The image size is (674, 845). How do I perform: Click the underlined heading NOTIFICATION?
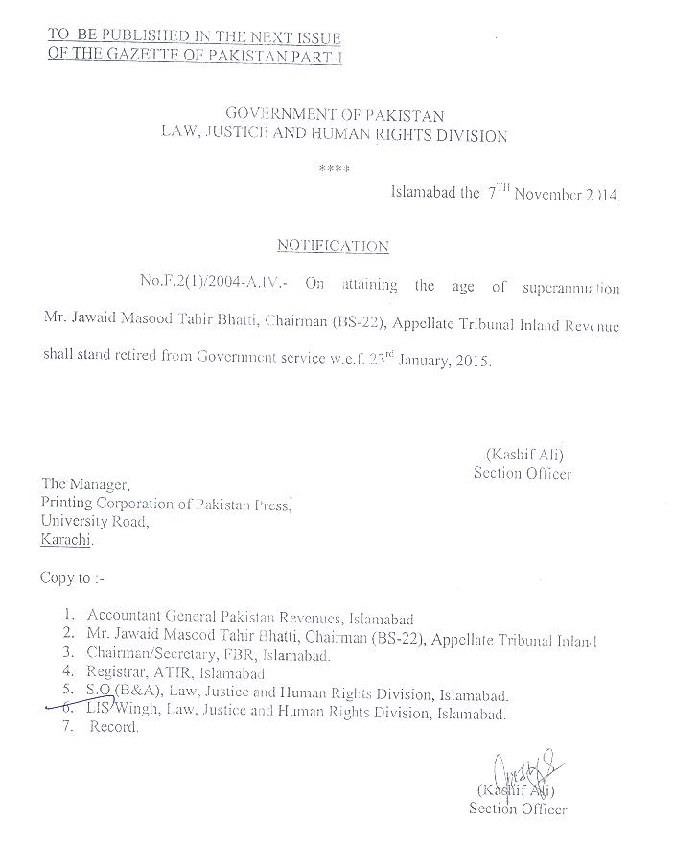333,246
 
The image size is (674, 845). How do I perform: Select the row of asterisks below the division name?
334,169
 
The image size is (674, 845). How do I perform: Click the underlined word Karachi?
67,540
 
